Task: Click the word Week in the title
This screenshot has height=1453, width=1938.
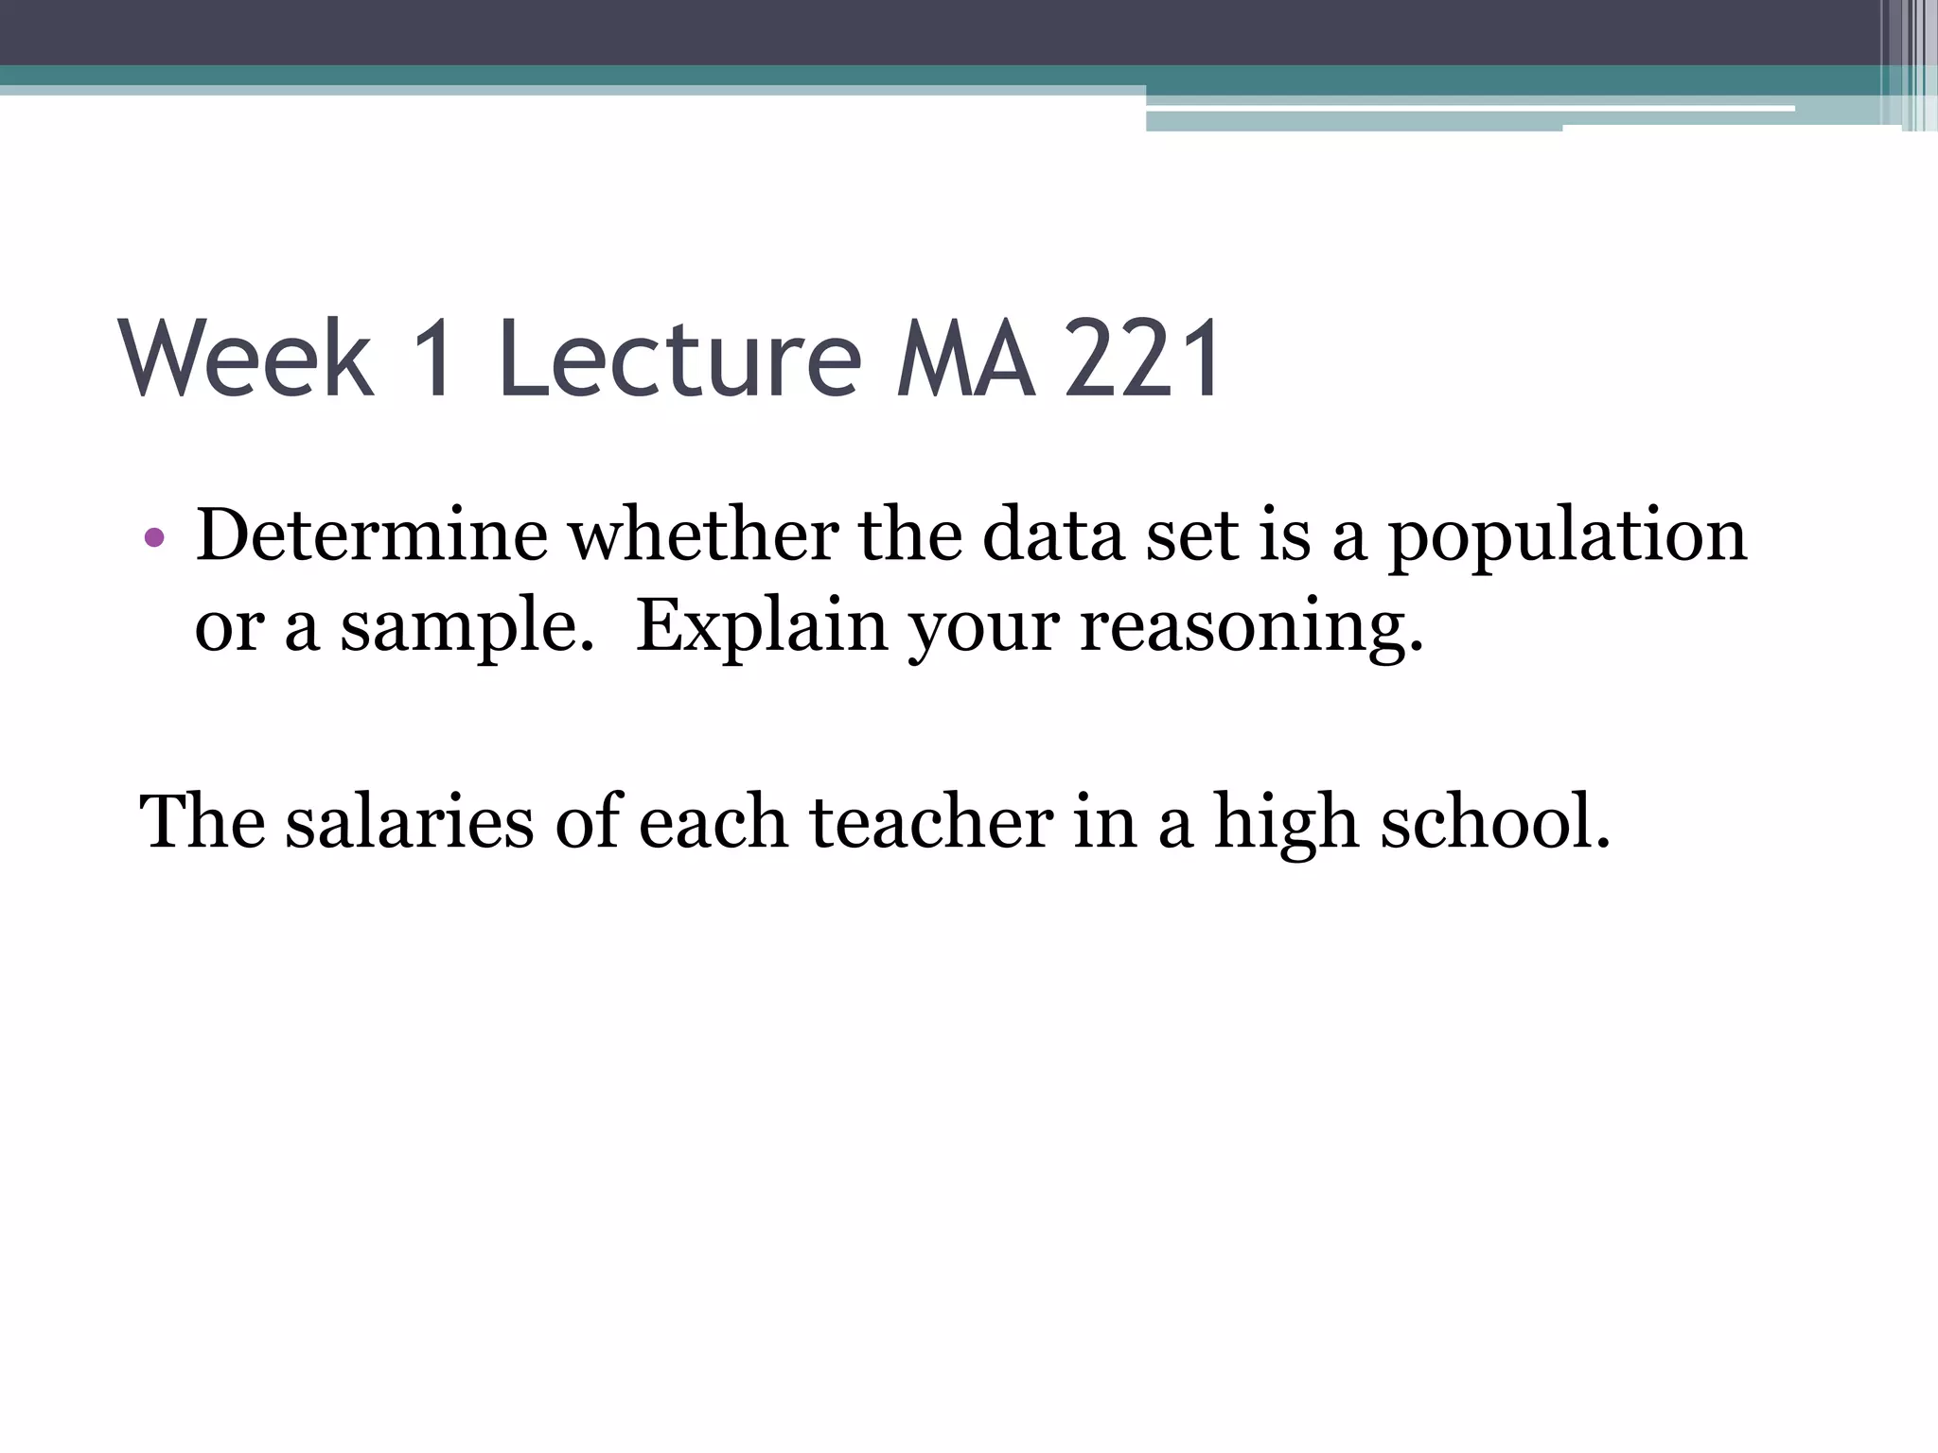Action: tap(246, 359)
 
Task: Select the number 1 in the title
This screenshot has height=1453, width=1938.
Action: tap(434, 359)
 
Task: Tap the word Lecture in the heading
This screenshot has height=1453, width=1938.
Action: tap(679, 359)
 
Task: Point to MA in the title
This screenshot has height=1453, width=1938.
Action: tap(965, 359)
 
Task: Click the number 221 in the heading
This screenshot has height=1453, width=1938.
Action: tap(1143, 359)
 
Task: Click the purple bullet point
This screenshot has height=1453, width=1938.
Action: tap(155, 539)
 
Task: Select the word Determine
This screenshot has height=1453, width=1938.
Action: tap(371, 535)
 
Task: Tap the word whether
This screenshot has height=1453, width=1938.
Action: tap(703, 535)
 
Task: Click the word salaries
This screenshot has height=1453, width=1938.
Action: tap(410, 821)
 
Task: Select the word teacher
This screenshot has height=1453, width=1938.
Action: tap(931, 821)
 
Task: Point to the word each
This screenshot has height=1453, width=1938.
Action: tap(714, 821)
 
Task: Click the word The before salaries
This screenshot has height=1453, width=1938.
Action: tap(202, 821)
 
